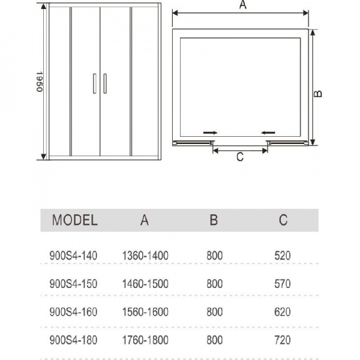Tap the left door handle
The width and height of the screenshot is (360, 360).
tap(95, 83)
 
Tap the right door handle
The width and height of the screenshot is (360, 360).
tap(105, 83)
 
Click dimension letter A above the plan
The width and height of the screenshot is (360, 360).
tap(242, 5)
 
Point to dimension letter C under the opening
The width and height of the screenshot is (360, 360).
tap(239, 157)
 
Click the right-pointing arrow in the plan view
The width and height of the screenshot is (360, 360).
tap(210, 131)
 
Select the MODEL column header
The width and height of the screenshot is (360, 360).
tap(74, 220)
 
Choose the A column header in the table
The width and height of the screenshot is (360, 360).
tap(144, 220)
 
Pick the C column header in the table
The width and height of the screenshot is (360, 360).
tap(283, 220)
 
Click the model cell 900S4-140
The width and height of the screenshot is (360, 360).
tap(73, 256)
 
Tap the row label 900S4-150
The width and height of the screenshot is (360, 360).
tap(73, 284)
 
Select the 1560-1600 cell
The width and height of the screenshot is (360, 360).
tap(145, 312)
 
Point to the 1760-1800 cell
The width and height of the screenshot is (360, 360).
tap(145, 340)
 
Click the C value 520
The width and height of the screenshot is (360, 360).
tap(281, 256)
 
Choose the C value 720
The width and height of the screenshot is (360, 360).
tap(281, 340)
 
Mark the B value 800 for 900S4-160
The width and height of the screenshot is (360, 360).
tap(213, 312)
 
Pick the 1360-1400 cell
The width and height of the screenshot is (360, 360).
tap(145, 256)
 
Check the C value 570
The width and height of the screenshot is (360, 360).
tap(281, 284)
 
